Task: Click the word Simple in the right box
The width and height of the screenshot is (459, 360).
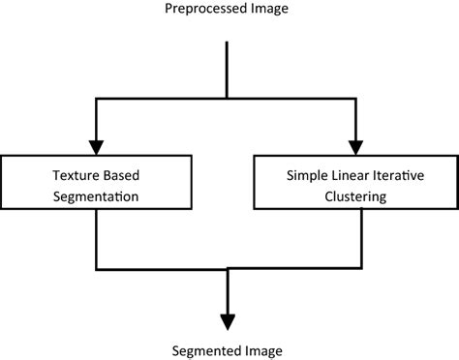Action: [308, 175]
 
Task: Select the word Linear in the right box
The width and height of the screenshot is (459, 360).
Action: [354, 175]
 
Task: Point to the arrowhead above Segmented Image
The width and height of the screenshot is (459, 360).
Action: [227, 321]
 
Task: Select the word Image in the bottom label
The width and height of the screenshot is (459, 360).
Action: [265, 350]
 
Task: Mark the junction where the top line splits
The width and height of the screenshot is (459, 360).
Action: [227, 97]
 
